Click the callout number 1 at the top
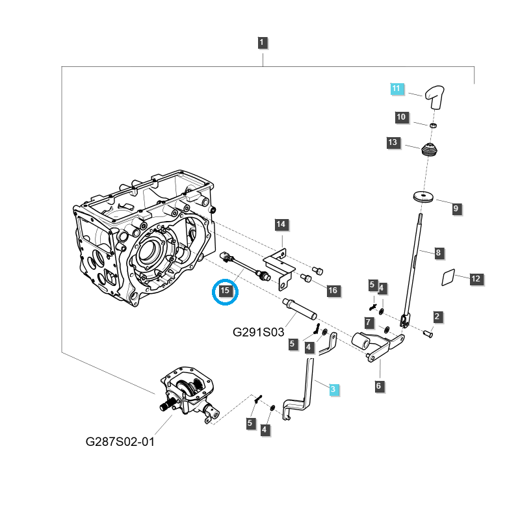click(x=262, y=44)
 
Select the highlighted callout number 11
click(x=397, y=88)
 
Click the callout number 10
click(x=401, y=118)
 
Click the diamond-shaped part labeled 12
click(x=448, y=277)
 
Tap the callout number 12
click(x=476, y=279)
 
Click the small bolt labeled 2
click(x=428, y=334)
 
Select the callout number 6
click(x=379, y=386)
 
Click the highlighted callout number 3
click(x=333, y=389)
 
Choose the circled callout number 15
click(x=226, y=291)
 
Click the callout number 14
click(x=281, y=225)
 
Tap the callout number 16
click(x=333, y=291)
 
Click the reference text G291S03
click(x=259, y=332)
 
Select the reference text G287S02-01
click(x=121, y=441)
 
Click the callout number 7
click(x=369, y=322)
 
